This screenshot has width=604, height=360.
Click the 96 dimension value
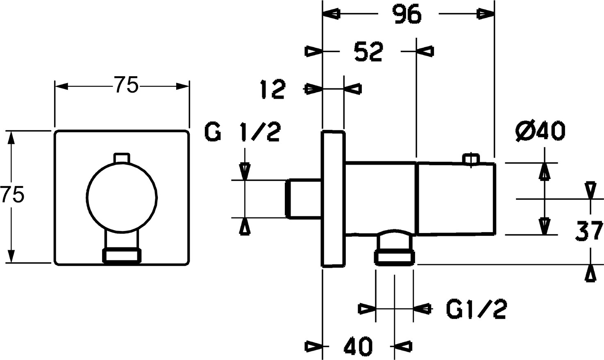point(408,15)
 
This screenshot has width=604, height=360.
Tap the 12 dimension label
point(272,89)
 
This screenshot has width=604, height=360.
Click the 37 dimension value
point(588,231)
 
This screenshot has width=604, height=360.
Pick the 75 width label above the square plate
point(126,86)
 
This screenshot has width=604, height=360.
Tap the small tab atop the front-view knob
point(122,158)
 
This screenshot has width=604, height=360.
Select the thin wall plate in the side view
point(333,199)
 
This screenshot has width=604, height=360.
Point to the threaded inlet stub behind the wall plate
point(303,198)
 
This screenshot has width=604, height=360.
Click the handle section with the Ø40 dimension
point(456,199)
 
